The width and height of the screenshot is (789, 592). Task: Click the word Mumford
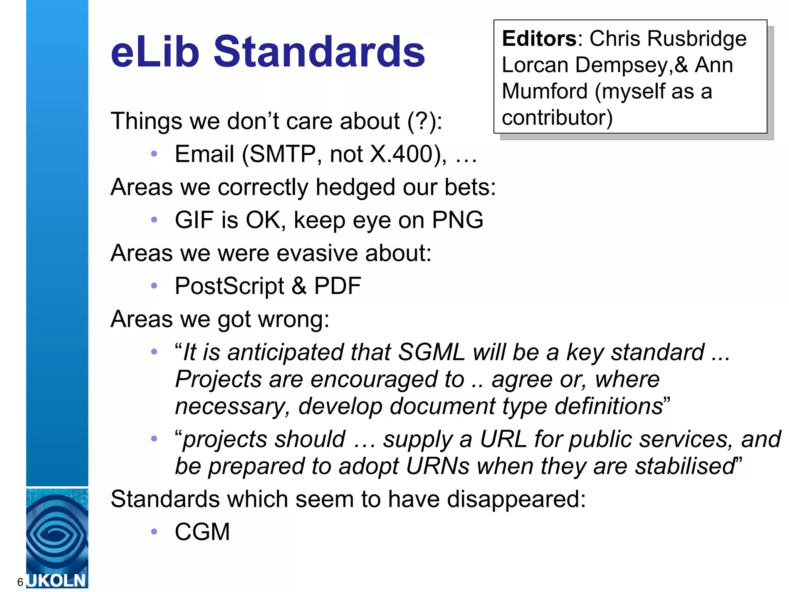point(545,91)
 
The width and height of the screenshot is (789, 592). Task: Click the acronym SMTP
point(283,154)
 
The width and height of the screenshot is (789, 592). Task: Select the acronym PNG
point(457,220)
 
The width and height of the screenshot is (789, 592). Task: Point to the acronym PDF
point(337,286)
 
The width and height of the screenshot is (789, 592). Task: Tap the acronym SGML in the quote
point(431,352)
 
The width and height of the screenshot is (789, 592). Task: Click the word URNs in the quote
point(438,466)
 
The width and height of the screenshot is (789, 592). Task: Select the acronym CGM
point(202,532)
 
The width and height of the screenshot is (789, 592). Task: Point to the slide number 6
point(20,582)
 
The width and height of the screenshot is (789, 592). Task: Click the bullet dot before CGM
point(154,532)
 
